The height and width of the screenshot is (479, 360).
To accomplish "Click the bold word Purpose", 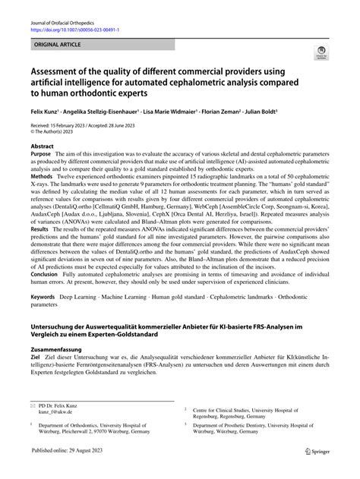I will point(42,152).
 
